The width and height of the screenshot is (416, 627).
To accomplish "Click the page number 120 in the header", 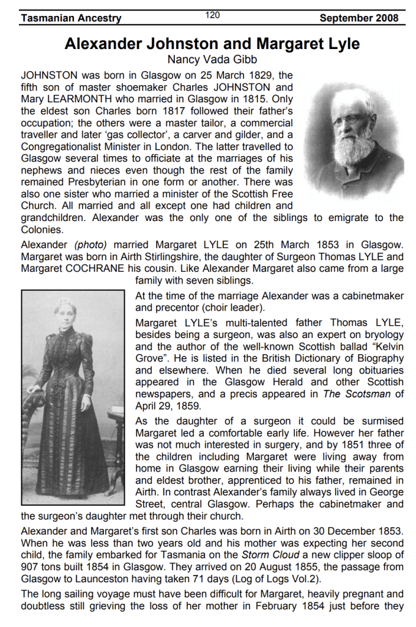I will coord(213,15).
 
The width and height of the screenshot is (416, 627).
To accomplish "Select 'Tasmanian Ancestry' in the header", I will coord(71,18).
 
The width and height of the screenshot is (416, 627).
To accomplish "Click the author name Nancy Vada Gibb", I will coord(212,59).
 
